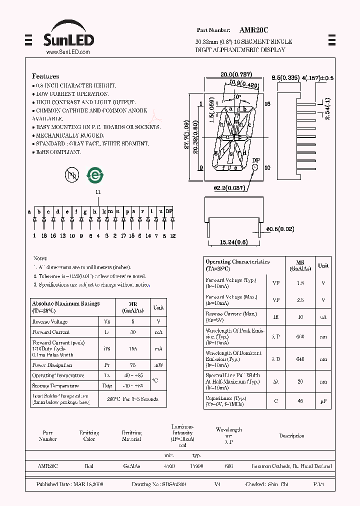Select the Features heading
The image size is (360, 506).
pos(45,76)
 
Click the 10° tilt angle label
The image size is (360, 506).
pos(236,96)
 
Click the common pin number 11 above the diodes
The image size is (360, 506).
pos(98,192)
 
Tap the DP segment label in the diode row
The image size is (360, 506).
pos(169,211)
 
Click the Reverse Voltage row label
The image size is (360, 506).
pos(50,321)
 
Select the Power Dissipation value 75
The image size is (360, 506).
pos(133,365)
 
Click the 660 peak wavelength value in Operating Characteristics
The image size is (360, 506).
pos(300,337)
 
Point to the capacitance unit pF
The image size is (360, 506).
pos(323,400)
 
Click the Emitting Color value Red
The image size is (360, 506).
pos(89,466)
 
